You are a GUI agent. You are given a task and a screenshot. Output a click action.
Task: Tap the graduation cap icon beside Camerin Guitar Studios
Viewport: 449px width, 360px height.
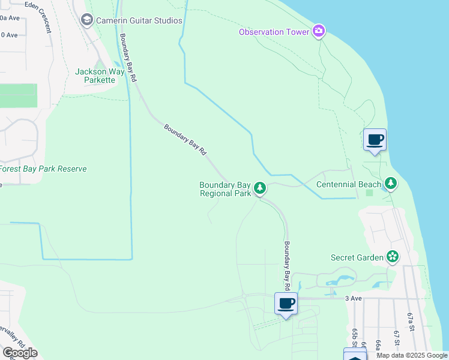pyautogui.click(x=87, y=20)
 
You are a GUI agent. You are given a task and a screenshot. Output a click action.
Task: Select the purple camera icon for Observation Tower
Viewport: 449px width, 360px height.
pyautogui.click(x=319, y=31)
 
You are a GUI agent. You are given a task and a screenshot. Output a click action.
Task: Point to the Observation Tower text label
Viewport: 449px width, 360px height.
pyautogui.click(x=274, y=32)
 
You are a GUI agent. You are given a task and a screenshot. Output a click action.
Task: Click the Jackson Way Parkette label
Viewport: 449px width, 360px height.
pyautogui.click(x=100, y=76)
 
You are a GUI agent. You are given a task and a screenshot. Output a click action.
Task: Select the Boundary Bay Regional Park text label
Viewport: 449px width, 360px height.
pyautogui.click(x=225, y=190)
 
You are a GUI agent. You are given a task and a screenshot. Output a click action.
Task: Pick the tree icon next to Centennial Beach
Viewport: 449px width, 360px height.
pyautogui.click(x=391, y=182)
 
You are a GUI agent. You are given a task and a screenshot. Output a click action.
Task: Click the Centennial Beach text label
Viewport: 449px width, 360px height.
pyautogui.click(x=349, y=184)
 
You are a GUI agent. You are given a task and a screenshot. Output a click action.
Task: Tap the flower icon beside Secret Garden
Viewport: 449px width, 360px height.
pyautogui.click(x=393, y=257)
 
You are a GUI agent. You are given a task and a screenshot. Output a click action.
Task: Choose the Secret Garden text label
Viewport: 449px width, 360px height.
pyautogui.click(x=357, y=258)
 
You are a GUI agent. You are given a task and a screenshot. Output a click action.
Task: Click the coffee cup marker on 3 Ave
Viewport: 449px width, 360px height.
pyautogui.click(x=286, y=304)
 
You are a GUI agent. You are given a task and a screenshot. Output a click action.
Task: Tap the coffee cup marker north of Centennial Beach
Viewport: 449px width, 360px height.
pyautogui.click(x=375, y=140)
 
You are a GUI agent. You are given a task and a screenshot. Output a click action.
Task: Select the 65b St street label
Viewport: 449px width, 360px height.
pyautogui.click(x=355, y=337)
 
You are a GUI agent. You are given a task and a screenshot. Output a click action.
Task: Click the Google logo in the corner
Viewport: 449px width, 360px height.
pyautogui.click(x=20, y=352)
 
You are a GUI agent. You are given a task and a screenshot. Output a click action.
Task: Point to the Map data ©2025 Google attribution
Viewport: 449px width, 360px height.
pyautogui.click(x=412, y=355)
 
